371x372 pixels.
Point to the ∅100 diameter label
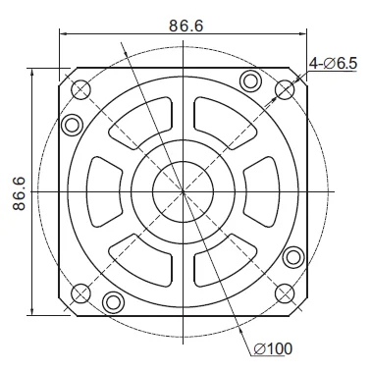(x=273, y=346)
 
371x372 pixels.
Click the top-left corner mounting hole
(x=80, y=88)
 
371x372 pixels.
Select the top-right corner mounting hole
(x=286, y=88)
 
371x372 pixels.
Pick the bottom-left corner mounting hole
(x=80, y=292)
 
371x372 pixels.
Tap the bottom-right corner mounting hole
(x=286, y=292)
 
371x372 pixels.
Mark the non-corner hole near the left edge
(x=72, y=126)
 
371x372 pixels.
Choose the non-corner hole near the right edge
(x=293, y=258)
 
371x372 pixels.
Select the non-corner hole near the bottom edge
(x=114, y=301)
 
